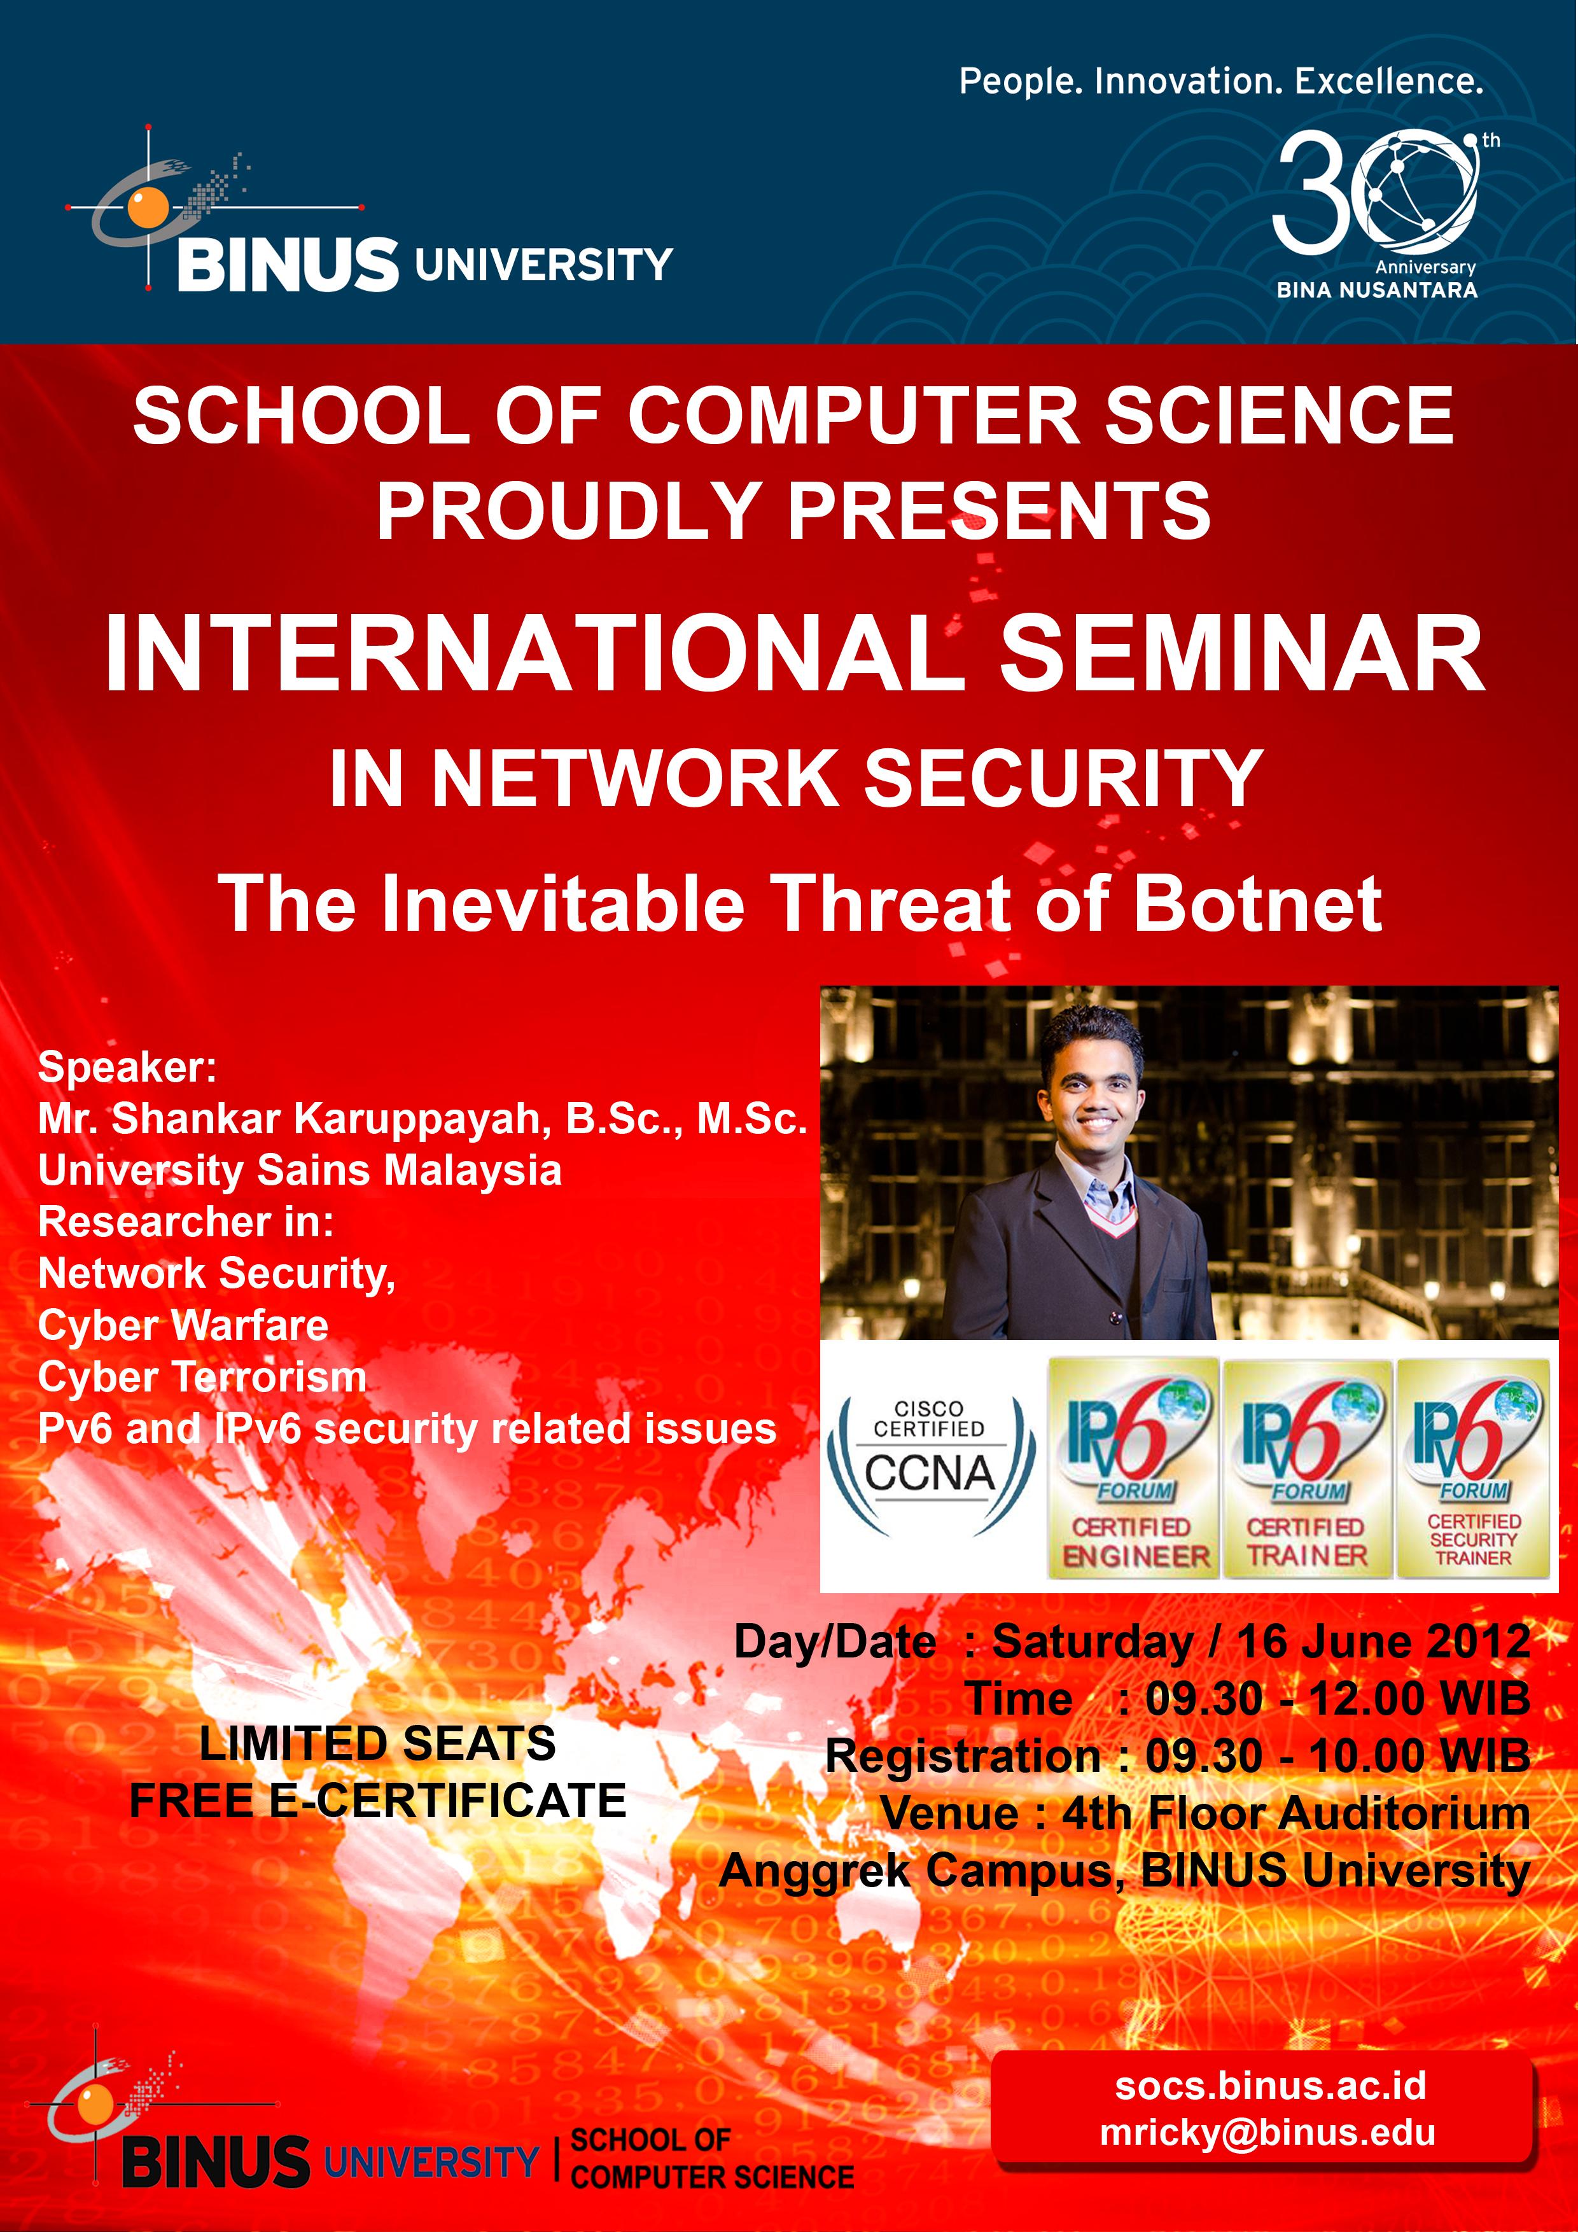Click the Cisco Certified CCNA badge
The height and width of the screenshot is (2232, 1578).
(x=930, y=1468)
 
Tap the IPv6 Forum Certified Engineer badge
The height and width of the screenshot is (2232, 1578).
(x=1134, y=1468)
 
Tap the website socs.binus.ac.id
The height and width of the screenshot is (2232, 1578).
(x=1270, y=2085)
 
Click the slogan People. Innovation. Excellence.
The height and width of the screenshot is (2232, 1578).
(x=1221, y=81)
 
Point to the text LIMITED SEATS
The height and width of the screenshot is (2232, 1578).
(x=377, y=1743)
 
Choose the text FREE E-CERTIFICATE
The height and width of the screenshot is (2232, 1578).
(x=377, y=1801)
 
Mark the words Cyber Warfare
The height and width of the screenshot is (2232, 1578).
(x=183, y=1325)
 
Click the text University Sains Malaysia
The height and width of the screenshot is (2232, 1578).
(x=300, y=1171)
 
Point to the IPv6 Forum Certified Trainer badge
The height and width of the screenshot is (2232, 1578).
(x=1307, y=1468)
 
